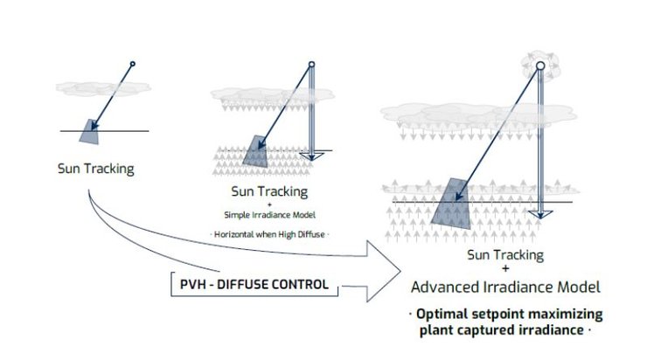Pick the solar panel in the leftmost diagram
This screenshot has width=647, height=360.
91,129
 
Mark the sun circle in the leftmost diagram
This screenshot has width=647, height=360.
132,64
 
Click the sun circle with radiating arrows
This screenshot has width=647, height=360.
541,65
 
